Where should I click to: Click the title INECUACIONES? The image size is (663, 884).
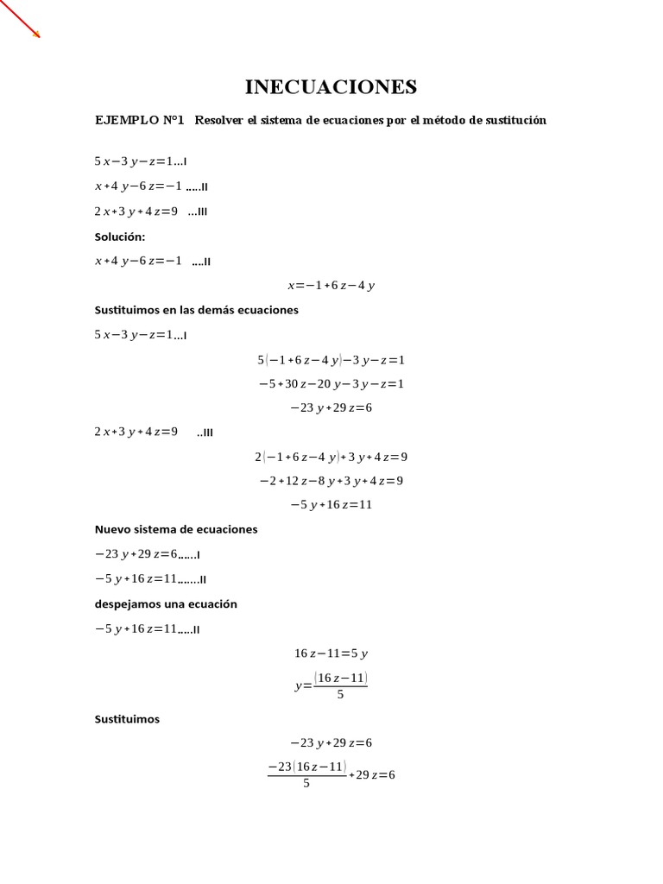coord(331,86)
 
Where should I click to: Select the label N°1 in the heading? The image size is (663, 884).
coord(174,120)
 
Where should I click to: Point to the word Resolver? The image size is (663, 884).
coord(219,120)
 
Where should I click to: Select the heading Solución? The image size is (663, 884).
coord(120,236)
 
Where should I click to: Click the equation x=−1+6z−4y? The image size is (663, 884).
coord(331,285)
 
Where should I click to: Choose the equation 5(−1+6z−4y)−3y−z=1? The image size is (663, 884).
coord(331,359)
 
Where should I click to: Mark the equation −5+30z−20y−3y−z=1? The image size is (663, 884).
coord(331,383)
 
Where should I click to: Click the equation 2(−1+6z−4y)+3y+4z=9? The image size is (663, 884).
coord(331,456)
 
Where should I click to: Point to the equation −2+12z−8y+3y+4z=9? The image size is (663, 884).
coord(331,480)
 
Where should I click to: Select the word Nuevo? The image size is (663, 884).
coord(114,529)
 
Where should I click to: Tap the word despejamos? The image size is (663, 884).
coord(130,603)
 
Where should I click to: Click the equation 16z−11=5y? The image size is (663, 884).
coord(331,654)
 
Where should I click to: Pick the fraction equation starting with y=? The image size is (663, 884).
coord(331,685)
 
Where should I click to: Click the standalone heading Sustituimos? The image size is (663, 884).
coord(127,718)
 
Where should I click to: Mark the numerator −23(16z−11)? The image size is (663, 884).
coord(307,767)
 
